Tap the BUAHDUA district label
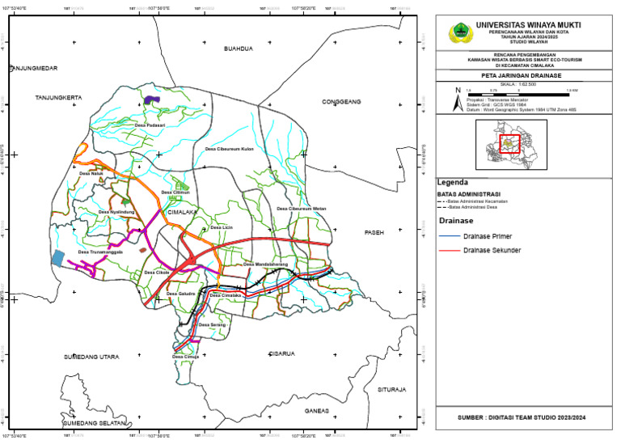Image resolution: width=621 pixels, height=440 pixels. point(239,49)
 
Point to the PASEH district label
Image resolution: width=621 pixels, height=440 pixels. point(374,232)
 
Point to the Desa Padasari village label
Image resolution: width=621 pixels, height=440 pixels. point(150,125)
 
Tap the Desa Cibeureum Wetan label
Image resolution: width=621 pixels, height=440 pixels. point(301,209)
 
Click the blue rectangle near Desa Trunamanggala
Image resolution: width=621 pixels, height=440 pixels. point(57,258)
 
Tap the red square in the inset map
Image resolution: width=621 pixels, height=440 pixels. point(509,144)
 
